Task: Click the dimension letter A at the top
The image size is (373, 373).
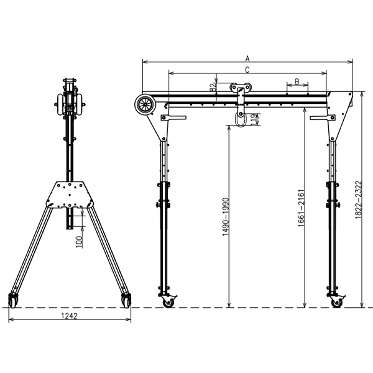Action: [247, 58]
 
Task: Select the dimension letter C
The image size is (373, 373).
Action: [247, 69]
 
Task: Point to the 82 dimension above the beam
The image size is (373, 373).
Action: [213, 88]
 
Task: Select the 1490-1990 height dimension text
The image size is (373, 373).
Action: [225, 217]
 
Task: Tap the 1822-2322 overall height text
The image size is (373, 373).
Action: [357, 200]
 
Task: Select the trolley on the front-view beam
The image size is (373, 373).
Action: [240, 90]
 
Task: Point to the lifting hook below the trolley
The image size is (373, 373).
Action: [239, 117]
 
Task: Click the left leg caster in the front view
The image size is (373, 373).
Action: [168, 301]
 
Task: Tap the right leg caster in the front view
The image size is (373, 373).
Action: [336, 301]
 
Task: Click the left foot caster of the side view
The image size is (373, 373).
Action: [14, 300]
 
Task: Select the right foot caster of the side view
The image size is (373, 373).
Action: [127, 300]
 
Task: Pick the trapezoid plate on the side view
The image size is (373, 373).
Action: [73, 195]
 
